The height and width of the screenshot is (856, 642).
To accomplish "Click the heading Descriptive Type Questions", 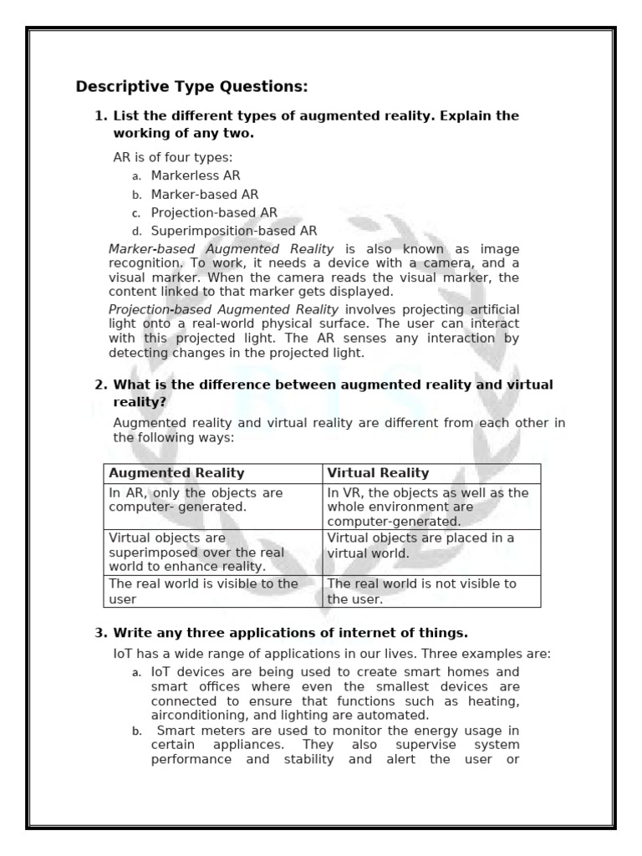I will click(x=191, y=86).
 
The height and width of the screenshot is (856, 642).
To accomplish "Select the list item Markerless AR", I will click(x=196, y=176).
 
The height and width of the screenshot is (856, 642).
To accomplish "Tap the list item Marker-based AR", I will click(x=198, y=194).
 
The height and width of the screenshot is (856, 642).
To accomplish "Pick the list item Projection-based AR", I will click(x=214, y=212).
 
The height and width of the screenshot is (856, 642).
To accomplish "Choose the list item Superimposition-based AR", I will click(x=234, y=231).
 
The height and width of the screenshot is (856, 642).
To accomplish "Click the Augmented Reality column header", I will click(x=176, y=473).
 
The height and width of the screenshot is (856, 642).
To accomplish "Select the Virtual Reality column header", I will click(x=378, y=473).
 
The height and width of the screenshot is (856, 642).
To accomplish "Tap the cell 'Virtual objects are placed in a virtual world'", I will click(x=420, y=545).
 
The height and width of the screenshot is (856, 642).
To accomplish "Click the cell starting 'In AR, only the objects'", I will click(x=196, y=500).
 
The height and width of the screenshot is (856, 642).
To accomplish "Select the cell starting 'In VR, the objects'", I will click(x=427, y=507).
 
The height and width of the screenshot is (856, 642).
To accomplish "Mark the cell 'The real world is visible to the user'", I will click(x=203, y=590).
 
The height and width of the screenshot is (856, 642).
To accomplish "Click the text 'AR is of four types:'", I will click(x=173, y=157).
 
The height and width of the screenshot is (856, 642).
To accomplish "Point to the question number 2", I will click(x=100, y=385).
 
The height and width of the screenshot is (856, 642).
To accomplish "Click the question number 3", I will click(x=100, y=631).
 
